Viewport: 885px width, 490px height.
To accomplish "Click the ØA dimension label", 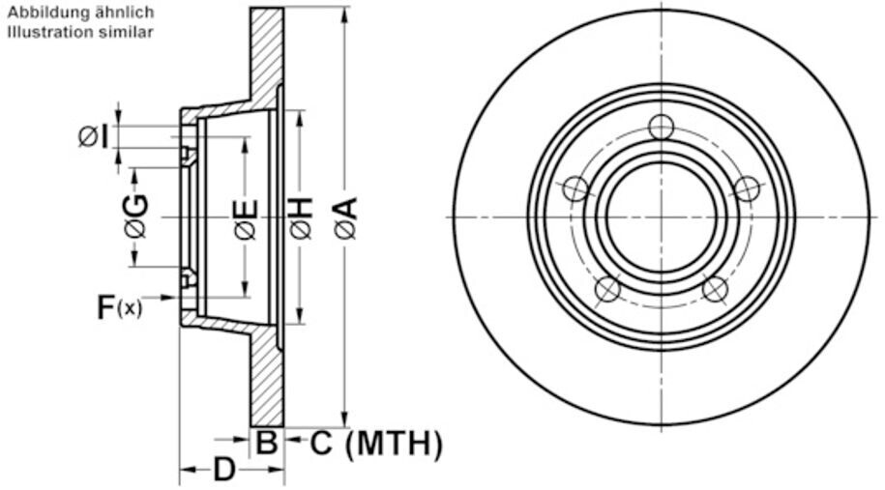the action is (x=346, y=217).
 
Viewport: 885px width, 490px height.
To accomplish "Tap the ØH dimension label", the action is (x=302, y=217).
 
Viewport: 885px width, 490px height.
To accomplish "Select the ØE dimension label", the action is (x=248, y=220).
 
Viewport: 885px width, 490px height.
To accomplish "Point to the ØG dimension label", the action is (x=136, y=216).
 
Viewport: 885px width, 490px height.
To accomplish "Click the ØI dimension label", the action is (x=94, y=136).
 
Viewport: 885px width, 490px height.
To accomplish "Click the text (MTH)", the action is (x=394, y=444).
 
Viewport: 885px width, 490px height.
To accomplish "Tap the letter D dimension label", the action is (x=224, y=469).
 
